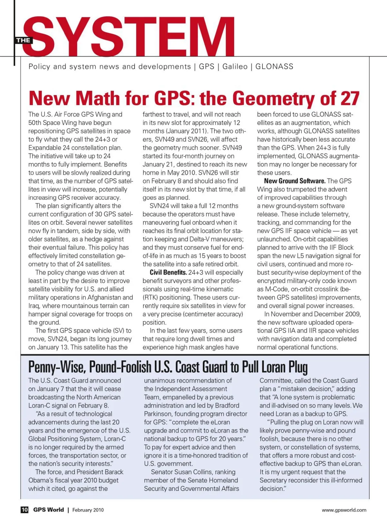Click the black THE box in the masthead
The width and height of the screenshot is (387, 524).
[23, 40]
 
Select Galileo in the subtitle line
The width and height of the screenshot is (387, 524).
[235, 66]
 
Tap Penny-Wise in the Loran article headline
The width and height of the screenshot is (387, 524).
[57, 367]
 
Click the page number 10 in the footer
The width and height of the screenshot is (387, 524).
[25, 510]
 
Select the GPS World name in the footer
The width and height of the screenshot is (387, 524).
[48, 510]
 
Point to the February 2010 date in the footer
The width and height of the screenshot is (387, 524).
[88, 510]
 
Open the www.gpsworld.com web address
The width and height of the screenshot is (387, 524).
[344, 510]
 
